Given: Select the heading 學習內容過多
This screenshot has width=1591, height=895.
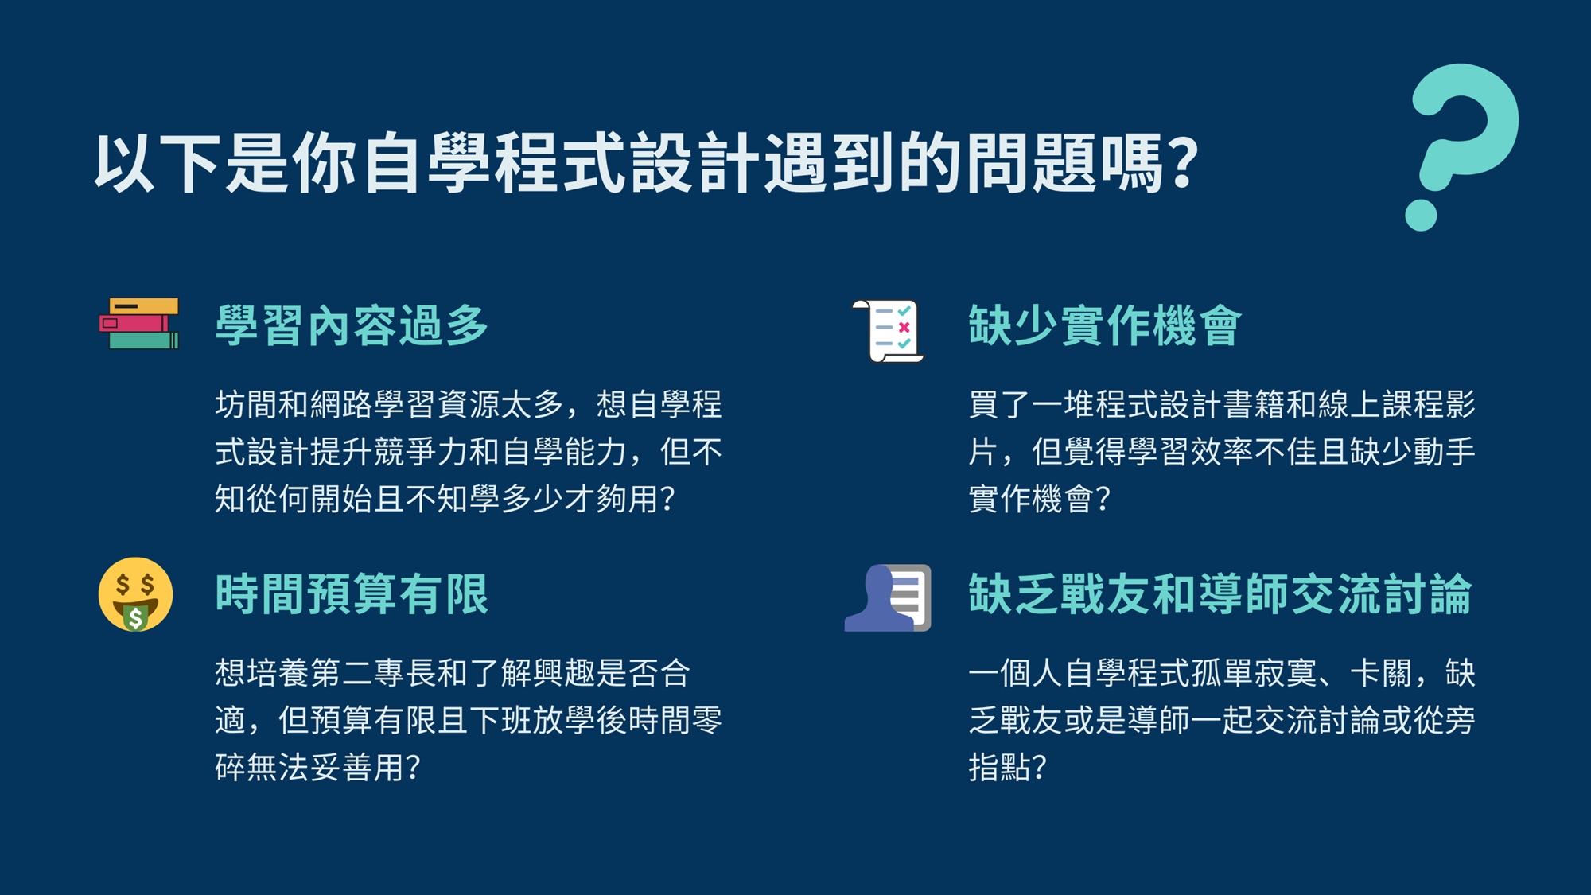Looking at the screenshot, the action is (x=352, y=325).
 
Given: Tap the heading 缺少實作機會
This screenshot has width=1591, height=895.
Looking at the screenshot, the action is (x=1105, y=325).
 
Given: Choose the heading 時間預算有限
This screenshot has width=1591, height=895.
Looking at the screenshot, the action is (x=352, y=594).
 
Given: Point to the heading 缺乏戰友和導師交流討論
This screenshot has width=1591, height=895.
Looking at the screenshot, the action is (x=1220, y=594).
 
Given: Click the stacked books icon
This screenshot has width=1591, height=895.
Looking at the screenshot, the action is (x=139, y=324).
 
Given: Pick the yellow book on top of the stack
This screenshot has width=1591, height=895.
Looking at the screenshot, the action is (x=144, y=306).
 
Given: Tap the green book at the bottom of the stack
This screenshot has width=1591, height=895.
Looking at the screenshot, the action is (x=144, y=341).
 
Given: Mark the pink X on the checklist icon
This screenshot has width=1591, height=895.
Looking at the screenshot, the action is (x=904, y=327).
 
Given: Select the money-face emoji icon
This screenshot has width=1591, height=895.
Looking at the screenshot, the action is (x=135, y=594).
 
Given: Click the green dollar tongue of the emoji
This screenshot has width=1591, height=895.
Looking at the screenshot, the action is (x=136, y=617).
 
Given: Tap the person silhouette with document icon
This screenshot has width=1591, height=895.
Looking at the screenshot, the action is (x=888, y=597).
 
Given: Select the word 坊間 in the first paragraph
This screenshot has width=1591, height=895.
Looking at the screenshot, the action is (x=247, y=404).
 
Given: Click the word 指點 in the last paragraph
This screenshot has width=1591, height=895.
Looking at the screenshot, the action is (x=1000, y=767).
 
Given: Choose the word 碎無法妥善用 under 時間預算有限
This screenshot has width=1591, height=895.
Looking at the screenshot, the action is (x=310, y=767).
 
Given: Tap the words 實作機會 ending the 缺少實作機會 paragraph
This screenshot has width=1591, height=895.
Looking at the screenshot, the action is (x=1032, y=499).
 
